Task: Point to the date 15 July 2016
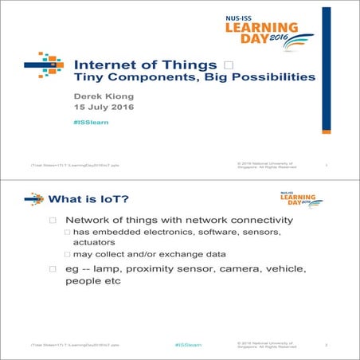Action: (104, 108)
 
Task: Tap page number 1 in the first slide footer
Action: (327, 166)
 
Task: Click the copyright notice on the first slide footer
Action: (267, 165)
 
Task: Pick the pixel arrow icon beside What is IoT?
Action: (34, 198)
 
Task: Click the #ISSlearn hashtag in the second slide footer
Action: (188, 346)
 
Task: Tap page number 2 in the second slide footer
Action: (327, 346)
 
